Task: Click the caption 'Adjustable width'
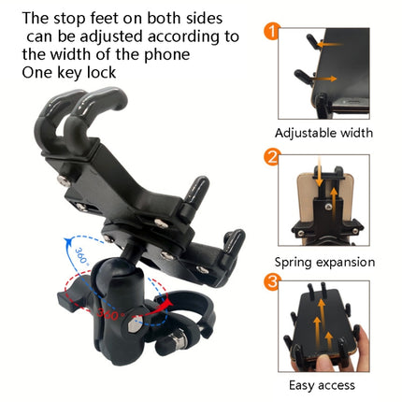point(324,134)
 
